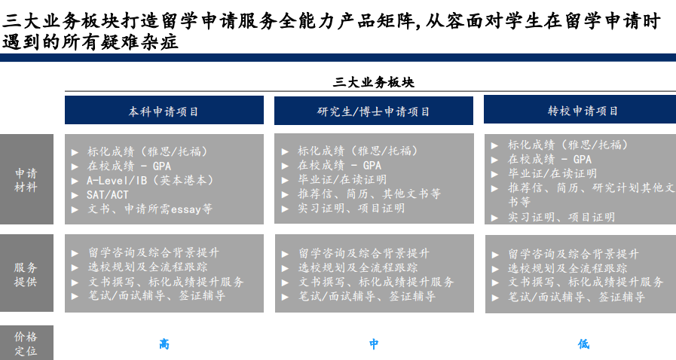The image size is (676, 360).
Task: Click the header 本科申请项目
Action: click(164, 111)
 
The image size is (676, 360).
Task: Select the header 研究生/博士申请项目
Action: click(373, 111)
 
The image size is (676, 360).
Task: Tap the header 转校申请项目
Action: click(583, 111)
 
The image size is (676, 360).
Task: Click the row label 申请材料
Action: click(26, 180)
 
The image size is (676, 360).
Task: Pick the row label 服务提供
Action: click(26, 274)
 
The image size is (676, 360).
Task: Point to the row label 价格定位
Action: click(26, 343)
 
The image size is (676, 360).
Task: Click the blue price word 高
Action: click(164, 344)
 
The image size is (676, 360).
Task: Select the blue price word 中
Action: click(374, 343)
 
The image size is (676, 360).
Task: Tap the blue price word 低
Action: click(584, 343)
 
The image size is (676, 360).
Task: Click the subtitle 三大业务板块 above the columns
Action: click(373, 82)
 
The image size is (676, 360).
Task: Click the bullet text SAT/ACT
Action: click(107, 194)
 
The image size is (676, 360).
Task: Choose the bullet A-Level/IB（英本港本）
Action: click(150, 180)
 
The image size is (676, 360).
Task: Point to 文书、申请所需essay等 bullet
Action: click(150, 209)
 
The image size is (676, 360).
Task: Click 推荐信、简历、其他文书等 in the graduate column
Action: click(369, 194)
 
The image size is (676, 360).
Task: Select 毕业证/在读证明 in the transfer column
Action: click(552, 173)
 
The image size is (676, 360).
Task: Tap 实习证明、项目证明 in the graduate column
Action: click(351, 209)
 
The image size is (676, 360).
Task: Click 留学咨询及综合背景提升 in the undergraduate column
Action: click(154, 252)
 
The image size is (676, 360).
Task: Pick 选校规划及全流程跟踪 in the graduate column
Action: click(358, 267)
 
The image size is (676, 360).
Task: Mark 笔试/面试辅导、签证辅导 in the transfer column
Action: click(576, 297)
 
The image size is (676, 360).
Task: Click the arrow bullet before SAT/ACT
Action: click(75, 195)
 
